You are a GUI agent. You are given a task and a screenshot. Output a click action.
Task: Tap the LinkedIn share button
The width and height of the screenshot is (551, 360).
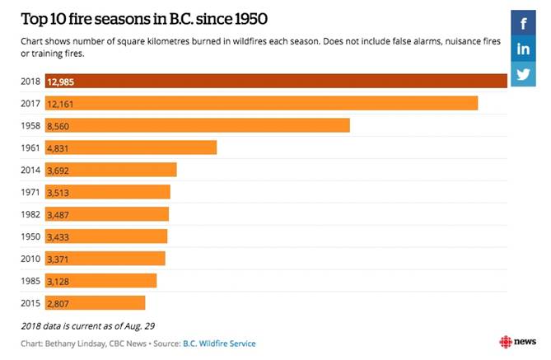(x=523, y=49)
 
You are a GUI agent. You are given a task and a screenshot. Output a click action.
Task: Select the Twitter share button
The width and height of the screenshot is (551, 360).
(x=523, y=74)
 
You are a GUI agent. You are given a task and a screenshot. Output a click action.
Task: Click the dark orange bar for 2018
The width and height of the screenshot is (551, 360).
(x=276, y=81)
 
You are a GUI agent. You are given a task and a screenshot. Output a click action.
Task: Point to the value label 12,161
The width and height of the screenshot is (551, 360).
(x=63, y=103)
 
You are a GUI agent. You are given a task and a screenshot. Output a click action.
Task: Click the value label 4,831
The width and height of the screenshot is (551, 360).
(x=60, y=147)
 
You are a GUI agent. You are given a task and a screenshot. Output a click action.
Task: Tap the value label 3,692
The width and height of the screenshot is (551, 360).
(x=60, y=170)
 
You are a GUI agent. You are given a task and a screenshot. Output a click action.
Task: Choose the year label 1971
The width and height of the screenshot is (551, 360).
(x=30, y=192)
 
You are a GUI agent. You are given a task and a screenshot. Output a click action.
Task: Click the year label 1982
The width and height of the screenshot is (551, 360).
(x=30, y=214)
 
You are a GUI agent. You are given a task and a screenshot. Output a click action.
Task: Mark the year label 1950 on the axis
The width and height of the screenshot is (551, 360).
(x=30, y=236)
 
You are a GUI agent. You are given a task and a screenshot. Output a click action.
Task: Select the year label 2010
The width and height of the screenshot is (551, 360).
(x=30, y=259)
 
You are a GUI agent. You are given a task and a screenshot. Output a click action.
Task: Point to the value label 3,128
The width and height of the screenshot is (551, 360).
(x=60, y=281)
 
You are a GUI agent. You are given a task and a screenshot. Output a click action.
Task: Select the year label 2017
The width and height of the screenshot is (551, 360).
(x=30, y=103)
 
